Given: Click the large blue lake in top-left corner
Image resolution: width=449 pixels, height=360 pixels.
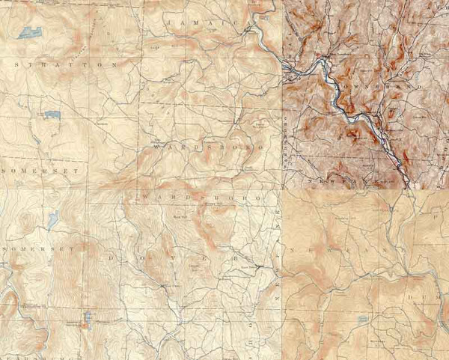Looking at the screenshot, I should click(x=30, y=32).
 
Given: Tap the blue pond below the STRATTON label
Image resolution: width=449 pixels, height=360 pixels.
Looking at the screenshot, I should click(x=52, y=115).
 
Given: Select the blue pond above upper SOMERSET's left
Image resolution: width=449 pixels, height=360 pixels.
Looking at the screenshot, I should click(x=37, y=139).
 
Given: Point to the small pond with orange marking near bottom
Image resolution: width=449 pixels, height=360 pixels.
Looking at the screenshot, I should click(x=87, y=320).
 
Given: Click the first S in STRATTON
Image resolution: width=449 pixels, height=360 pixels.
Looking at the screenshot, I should click(x=16, y=65).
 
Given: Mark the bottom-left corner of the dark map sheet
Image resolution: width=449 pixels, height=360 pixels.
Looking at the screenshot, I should click(x=283, y=188).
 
